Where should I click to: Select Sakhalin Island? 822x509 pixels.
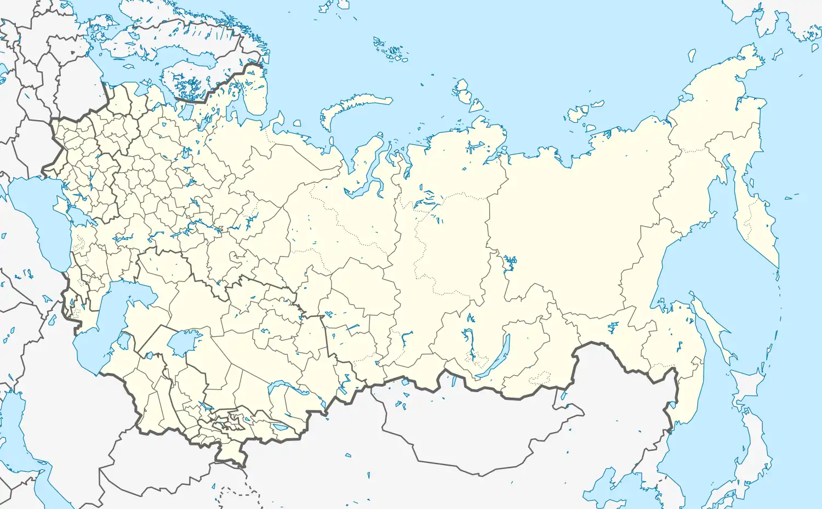click(712, 329)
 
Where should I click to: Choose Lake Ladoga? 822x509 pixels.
click(144, 88)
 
